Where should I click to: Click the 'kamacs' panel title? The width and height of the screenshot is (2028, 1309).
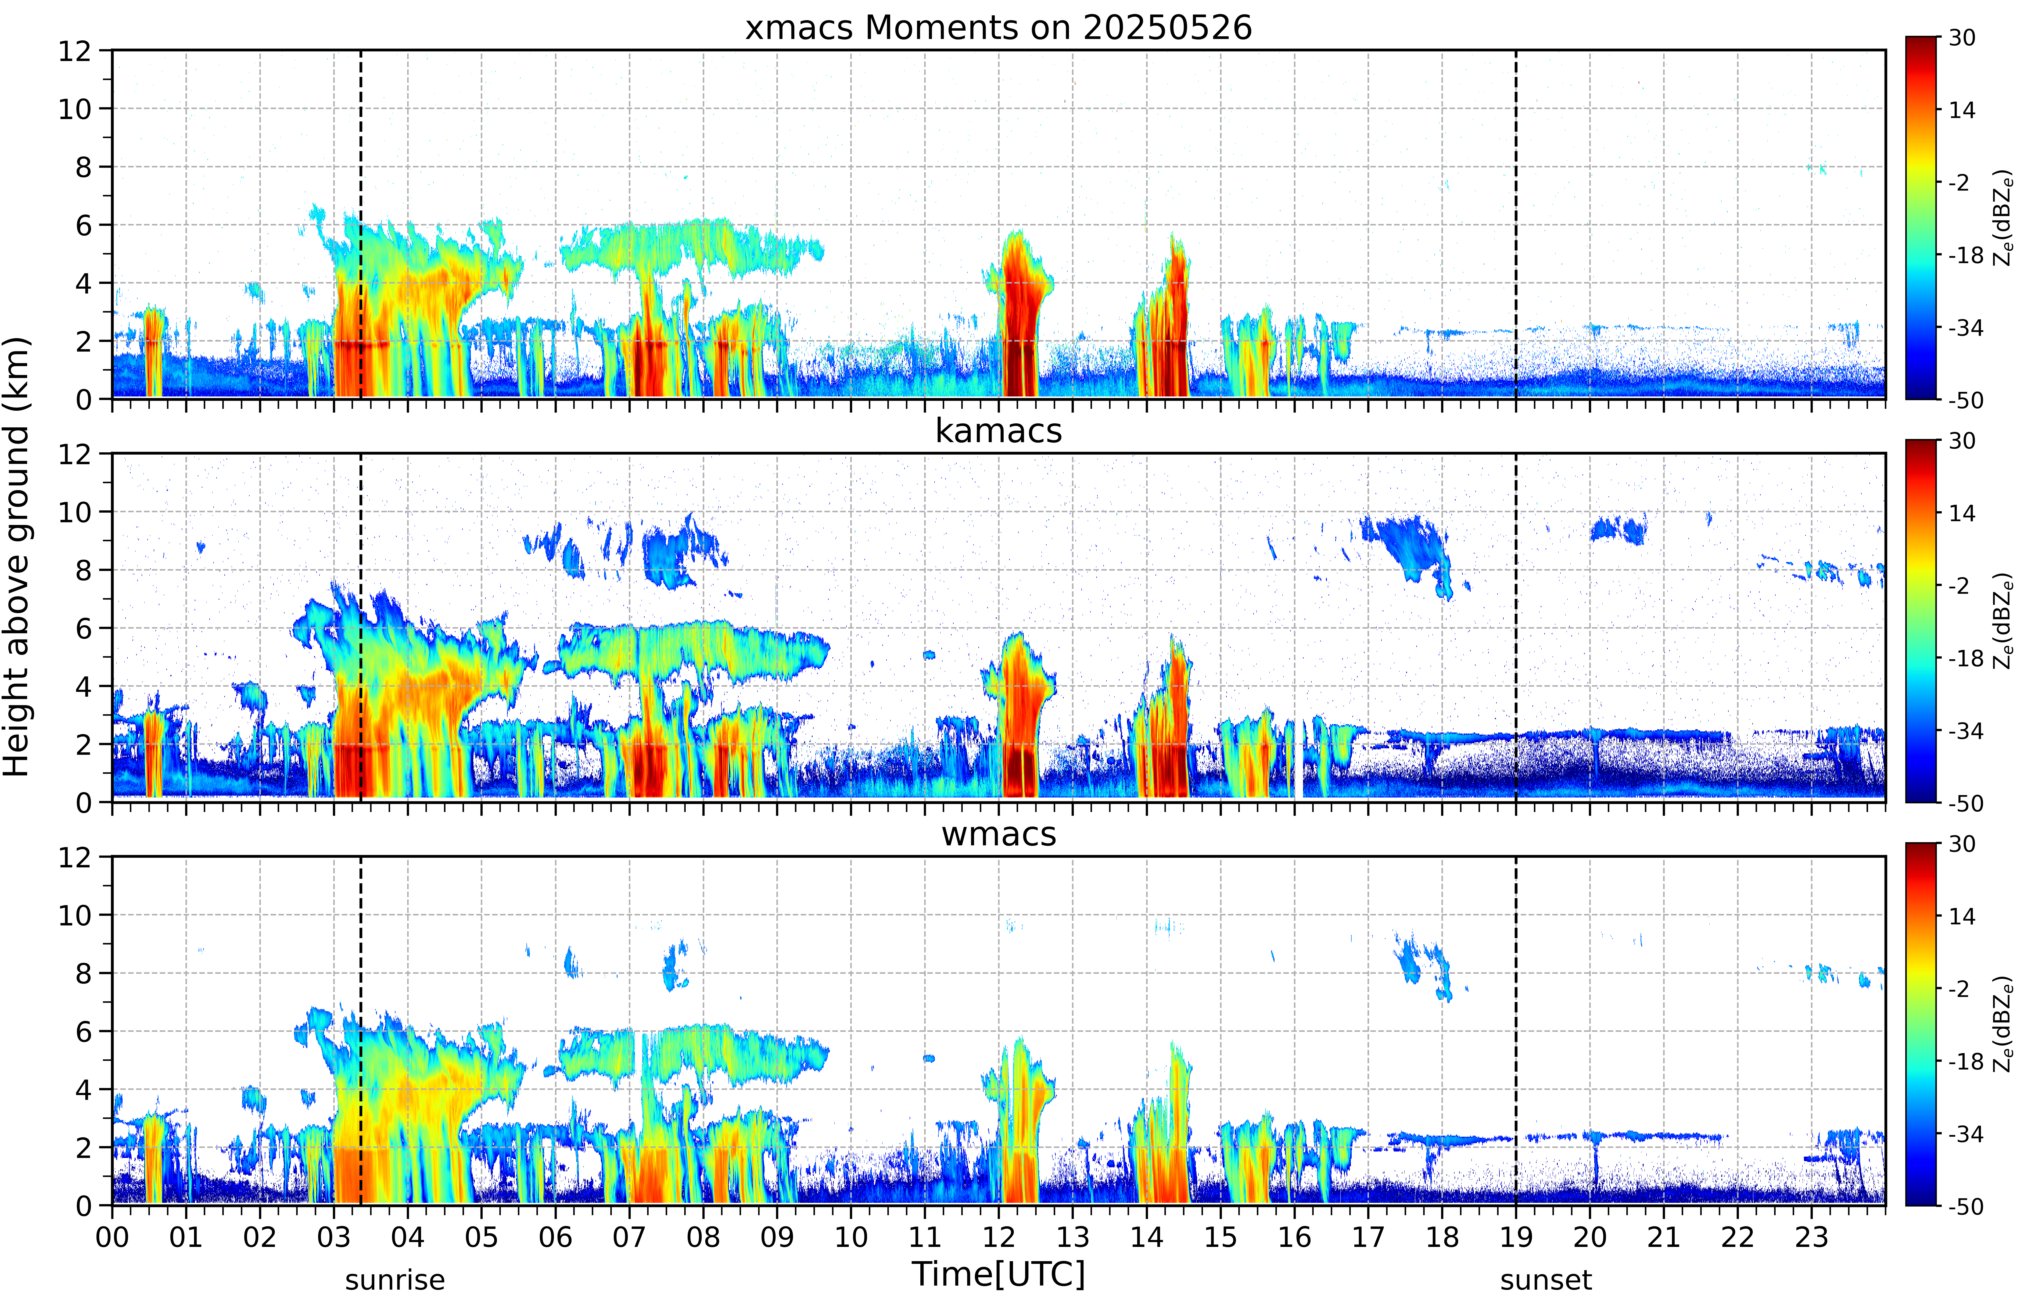point(998,431)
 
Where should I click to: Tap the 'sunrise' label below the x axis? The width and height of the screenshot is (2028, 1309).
point(395,1280)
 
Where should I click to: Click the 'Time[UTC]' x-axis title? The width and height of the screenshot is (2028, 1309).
point(998,1274)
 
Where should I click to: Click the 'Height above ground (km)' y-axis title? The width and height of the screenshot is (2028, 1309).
point(16,557)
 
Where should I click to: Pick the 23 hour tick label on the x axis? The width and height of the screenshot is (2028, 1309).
point(1811,1237)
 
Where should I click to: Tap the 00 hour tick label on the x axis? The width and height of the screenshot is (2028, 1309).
point(112,1237)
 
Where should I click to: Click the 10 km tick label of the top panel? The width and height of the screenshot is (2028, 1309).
point(75,109)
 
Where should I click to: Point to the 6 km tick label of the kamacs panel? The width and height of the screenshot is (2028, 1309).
point(83,628)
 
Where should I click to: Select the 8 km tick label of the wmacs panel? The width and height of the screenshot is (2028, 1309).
point(83,973)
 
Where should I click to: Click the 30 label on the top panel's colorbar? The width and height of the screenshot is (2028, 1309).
point(1962,38)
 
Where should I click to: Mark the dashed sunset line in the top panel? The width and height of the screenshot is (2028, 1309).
point(1516,224)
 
